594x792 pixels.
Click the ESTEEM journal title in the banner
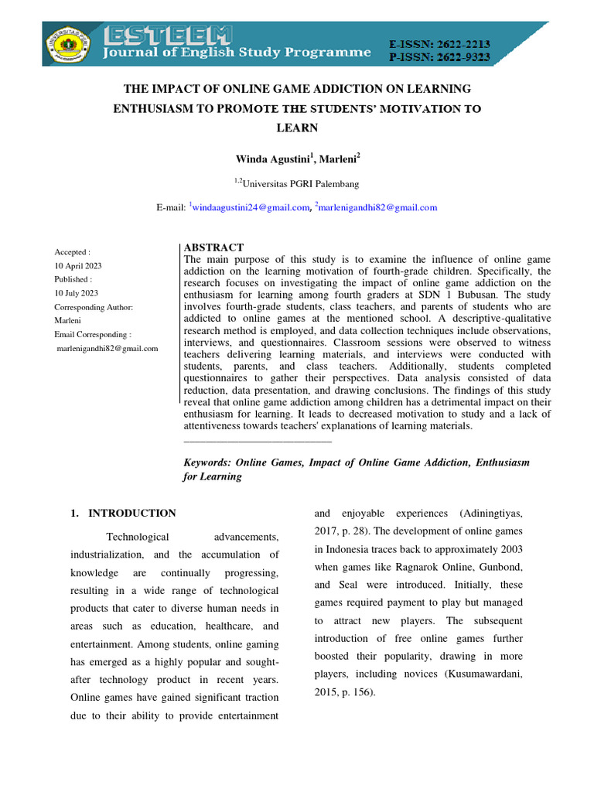click(168, 36)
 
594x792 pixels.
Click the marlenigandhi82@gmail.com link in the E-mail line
click(378, 207)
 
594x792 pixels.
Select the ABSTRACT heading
click(213, 247)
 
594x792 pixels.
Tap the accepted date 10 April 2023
click(77, 266)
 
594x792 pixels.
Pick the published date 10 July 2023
click(76, 293)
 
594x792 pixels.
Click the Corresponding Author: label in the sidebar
click(94, 307)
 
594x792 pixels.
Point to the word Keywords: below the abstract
click(207, 463)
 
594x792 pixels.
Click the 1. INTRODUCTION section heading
click(123, 513)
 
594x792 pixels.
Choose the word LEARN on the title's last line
click(296, 127)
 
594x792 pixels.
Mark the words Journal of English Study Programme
click(238, 53)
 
